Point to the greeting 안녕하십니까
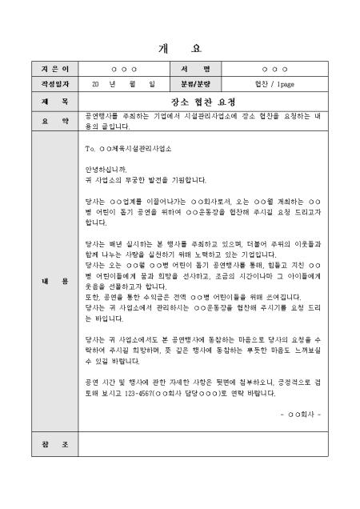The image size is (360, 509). pos(105,169)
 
